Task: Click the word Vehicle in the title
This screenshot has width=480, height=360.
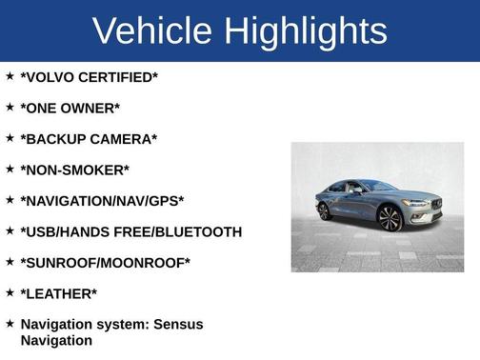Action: [152, 31]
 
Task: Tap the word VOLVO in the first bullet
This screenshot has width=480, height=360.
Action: [53, 77]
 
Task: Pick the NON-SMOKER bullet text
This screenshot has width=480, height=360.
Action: [74, 170]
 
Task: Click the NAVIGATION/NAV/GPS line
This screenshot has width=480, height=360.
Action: [102, 201]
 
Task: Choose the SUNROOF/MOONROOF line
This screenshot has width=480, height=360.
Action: [105, 263]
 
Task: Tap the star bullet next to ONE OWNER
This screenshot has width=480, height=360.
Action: [10, 107]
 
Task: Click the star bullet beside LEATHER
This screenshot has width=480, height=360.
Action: [10, 292]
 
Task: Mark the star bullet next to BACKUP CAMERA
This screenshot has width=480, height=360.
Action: [10, 138]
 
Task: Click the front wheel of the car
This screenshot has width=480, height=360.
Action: [390, 218]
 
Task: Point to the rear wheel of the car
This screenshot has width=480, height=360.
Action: [325, 210]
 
